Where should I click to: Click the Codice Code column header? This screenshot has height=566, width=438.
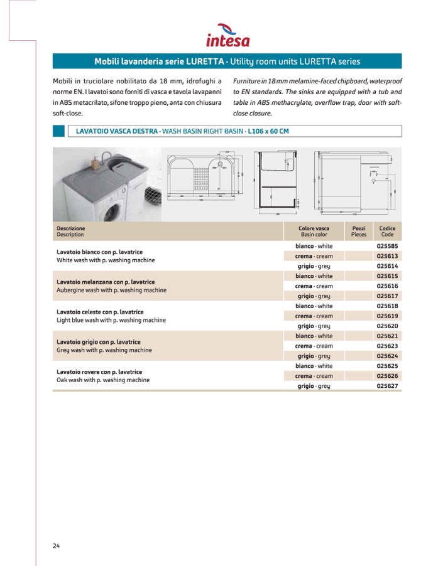tap(387, 231)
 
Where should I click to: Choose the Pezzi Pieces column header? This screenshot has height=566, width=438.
tap(359, 231)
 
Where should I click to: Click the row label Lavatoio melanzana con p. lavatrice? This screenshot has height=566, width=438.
tap(106, 282)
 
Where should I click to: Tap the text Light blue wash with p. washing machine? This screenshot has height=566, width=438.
tap(111, 320)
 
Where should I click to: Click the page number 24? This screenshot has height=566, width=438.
tap(56, 545)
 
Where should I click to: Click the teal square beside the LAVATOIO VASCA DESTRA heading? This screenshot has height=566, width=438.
tap(58, 131)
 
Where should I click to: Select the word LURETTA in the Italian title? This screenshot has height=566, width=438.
tap(206, 61)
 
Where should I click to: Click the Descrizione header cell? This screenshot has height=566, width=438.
tap(70, 228)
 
